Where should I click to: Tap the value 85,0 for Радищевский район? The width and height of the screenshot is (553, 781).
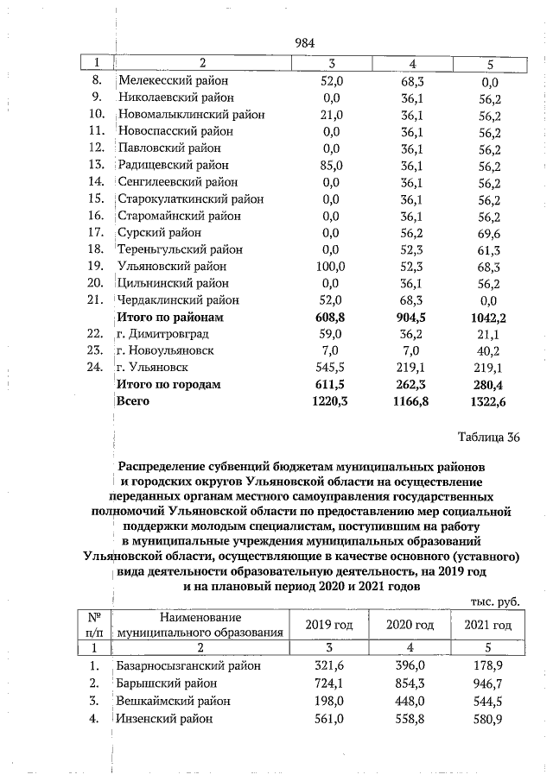pyautogui.click(x=331, y=165)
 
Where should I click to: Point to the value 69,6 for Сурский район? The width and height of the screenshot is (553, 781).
pyautogui.click(x=489, y=232)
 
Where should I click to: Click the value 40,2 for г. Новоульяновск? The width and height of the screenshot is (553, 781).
pyautogui.click(x=489, y=350)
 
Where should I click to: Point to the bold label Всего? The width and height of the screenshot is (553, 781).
pyautogui.click(x=133, y=400)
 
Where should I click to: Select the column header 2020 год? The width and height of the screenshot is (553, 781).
pyautogui.click(x=410, y=625)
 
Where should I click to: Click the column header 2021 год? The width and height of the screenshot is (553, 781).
pyautogui.click(x=488, y=625)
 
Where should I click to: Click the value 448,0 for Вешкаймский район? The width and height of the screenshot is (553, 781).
pyautogui.click(x=410, y=701)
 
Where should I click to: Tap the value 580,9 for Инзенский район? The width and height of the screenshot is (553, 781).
pyautogui.click(x=489, y=718)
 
